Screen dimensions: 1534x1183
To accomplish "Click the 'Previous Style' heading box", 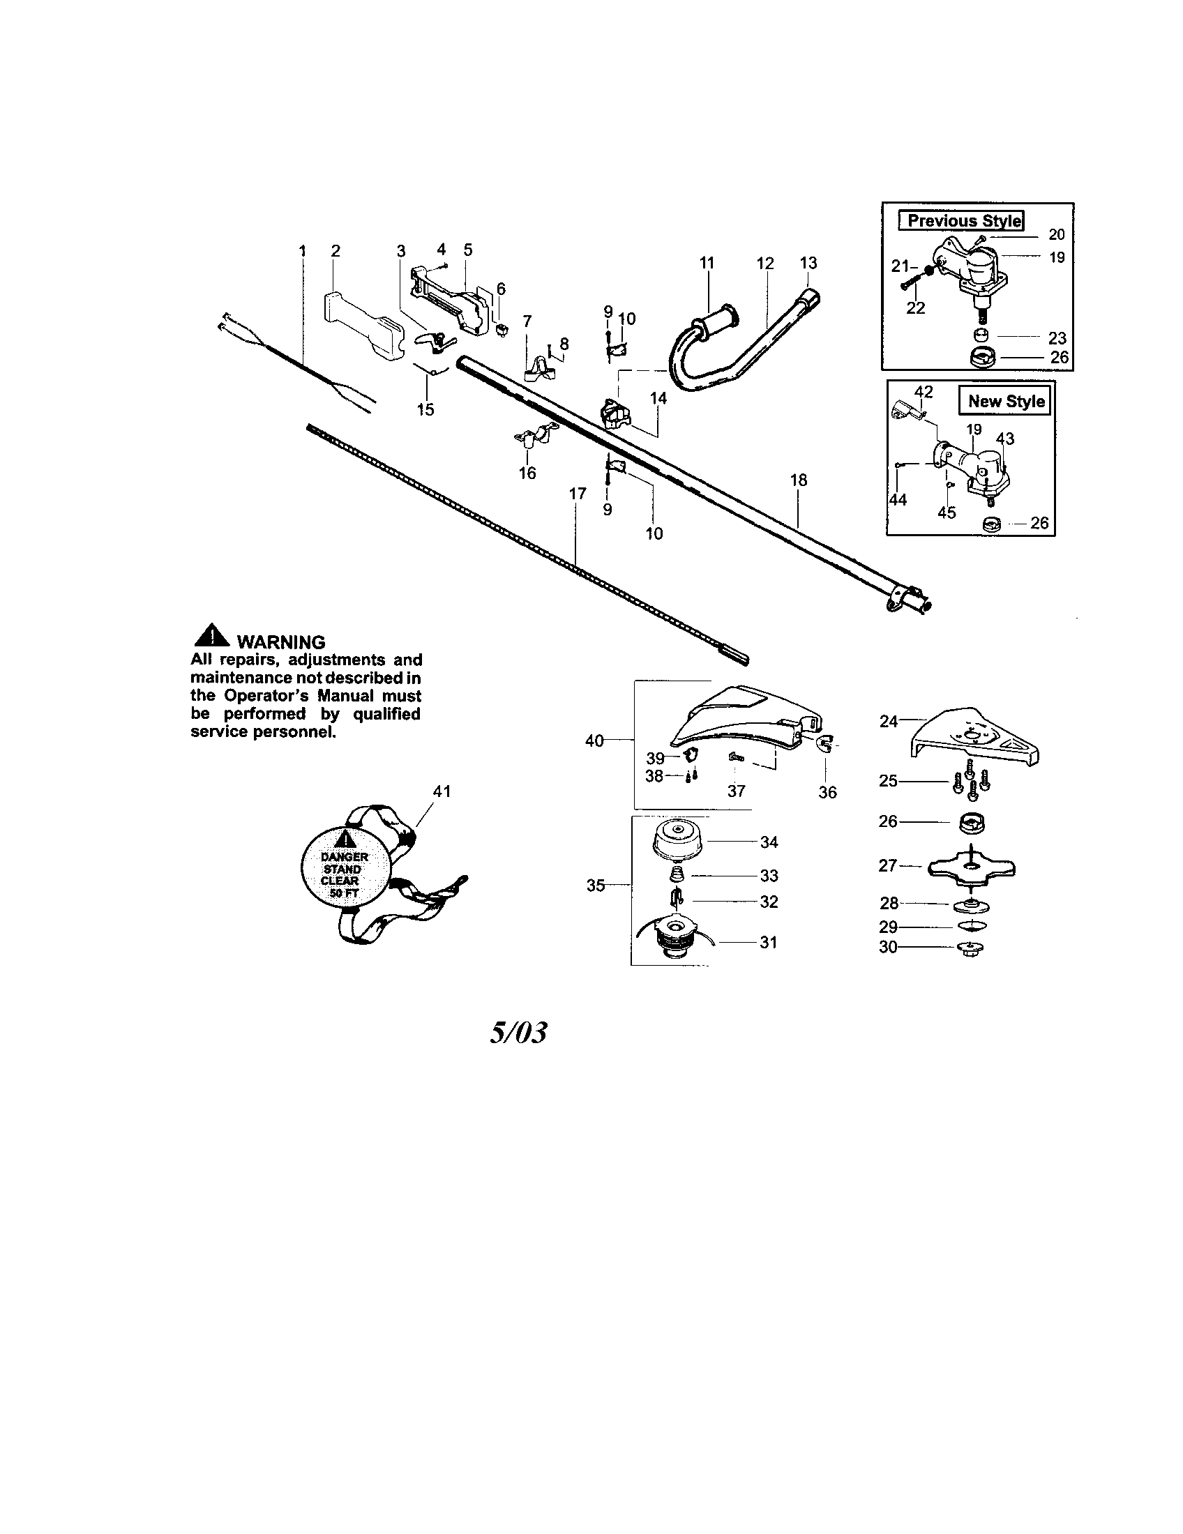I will click(962, 220).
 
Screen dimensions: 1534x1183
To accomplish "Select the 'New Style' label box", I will click(1005, 401).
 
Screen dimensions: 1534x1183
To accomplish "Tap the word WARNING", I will click(281, 641).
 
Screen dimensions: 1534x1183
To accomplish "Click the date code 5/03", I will click(518, 1033).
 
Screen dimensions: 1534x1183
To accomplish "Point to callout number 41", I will click(441, 791).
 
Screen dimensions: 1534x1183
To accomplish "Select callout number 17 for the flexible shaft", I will click(577, 494).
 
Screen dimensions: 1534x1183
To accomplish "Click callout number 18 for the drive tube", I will click(798, 480).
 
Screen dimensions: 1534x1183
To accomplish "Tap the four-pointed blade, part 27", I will click(972, 869).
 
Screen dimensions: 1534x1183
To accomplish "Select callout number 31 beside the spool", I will click(769, 942).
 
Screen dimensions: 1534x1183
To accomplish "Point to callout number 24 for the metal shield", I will click(888, 722).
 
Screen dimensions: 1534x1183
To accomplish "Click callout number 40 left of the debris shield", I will click(594, 741).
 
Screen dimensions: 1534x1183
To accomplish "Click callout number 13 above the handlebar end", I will click(808, 263).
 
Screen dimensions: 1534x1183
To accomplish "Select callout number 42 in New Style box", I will click(923, 391).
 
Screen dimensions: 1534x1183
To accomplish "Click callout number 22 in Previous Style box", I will click(915, 307).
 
